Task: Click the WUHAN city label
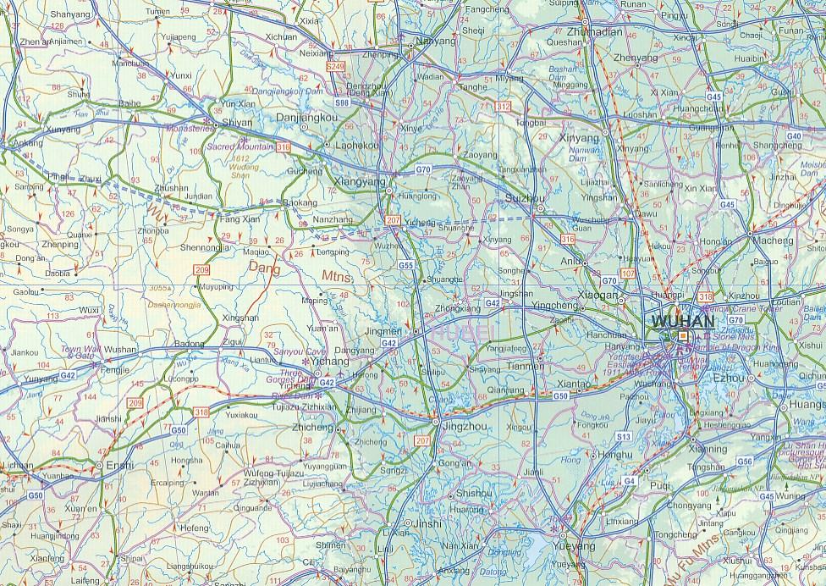tap(682, 322)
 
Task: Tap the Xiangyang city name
tap(361, 182)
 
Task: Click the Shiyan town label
tap(237, 124)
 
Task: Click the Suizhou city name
tap(525, 197)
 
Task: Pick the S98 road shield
tap(342, 102)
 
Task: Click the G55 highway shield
tap(406, 265)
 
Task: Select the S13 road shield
tap(624, 436)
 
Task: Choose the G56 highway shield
tap(745, 461)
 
